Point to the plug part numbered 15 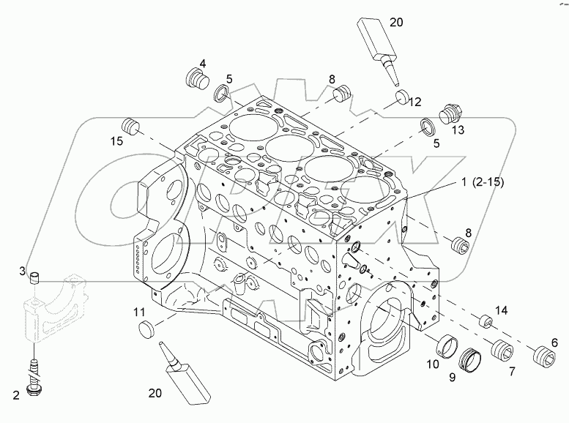[x=131, y=125]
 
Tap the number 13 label [x=458, y=130]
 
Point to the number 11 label [x=140, y=312]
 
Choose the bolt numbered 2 [x=32, y=380]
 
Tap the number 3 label [x=23, y=272]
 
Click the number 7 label [x=511, y=372]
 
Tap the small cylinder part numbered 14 [x=485, y=321]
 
